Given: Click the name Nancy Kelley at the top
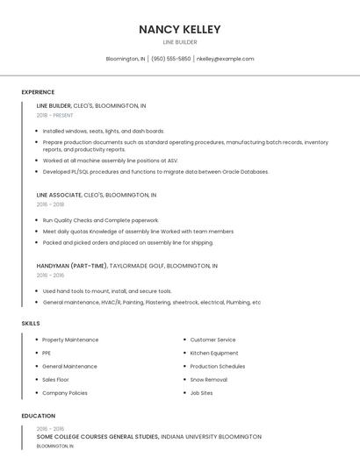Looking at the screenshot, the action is pos(179,29).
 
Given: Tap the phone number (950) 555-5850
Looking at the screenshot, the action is pos(170,59).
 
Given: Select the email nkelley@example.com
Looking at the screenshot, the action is pos(225,59).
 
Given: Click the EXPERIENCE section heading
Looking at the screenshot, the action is pos(38,92).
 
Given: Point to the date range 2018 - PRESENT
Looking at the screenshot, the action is pos(54,115).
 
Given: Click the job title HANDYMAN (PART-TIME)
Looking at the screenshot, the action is pos(72,265).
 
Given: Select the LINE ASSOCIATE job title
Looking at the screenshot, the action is pos(59,195).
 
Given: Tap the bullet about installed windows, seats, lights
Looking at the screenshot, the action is pos(103,131).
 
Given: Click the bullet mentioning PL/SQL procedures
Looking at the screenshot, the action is pos(155,172).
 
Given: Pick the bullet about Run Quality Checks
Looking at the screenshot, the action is pos(100,220).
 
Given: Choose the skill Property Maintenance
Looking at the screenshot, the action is pos(70,340).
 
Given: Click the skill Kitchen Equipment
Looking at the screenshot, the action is pos(214,353).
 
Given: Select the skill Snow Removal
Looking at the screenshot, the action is pos(208,380).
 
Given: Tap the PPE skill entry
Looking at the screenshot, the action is pos(47,353).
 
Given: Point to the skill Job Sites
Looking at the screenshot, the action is pos(201,393).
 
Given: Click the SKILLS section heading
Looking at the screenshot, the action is pos(31,324).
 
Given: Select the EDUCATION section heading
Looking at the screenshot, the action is pos(38,416).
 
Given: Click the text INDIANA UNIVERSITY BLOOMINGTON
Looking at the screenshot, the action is pos(211,436).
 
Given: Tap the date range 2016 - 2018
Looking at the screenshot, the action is pos(50,204).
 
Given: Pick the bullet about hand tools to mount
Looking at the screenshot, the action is pos(107,291).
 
